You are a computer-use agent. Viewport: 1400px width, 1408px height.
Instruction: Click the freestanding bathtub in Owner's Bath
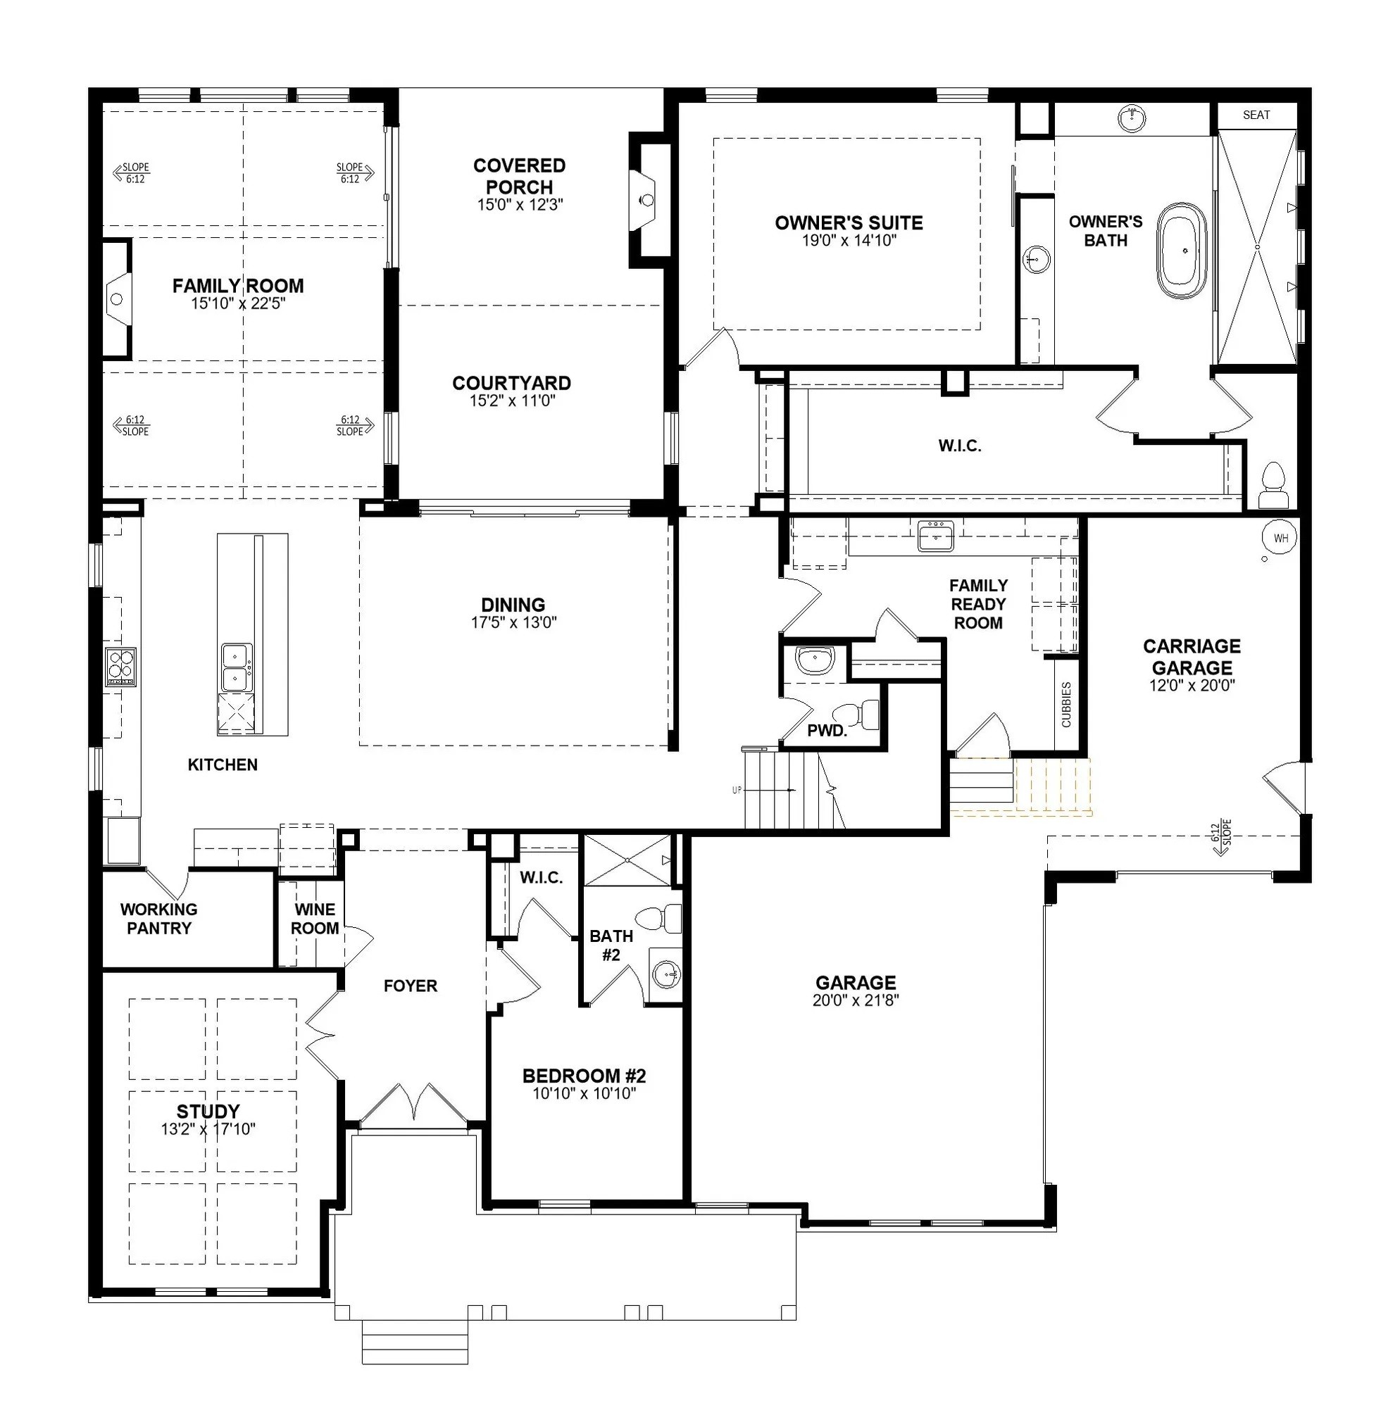[1182, 250]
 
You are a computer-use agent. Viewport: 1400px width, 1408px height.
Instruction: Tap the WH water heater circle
[1280, 539]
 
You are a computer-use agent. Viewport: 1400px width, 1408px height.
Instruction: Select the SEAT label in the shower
[1256, 115]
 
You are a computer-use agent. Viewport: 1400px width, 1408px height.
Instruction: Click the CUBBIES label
[1066, 704]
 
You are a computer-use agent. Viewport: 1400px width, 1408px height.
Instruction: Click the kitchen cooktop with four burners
[120, 667]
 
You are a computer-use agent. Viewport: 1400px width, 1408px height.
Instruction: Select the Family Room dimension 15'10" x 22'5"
[238, 304]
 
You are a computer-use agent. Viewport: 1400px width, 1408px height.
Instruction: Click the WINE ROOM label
[314, 919]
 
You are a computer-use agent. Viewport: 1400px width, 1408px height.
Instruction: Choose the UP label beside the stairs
[737, 790]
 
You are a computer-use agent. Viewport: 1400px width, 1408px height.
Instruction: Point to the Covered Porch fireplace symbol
[645, 200]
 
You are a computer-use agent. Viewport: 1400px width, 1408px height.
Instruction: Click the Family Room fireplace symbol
[117, 298]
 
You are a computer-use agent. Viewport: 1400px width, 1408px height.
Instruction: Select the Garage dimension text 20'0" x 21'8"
[856, 1000]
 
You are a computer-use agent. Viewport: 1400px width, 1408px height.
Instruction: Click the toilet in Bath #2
[659, 919]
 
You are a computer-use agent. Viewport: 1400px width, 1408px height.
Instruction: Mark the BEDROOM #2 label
[584, 1076]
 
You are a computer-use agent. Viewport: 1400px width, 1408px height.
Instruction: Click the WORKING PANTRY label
[158, 919]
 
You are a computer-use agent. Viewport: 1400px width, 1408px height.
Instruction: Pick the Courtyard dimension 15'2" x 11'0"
[513, 401]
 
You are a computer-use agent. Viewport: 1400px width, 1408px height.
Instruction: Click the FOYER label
[411, 986]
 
